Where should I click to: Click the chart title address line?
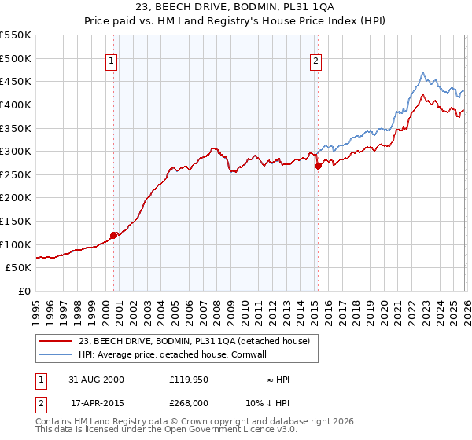pos(235,7)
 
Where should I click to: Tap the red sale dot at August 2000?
pos(113,234)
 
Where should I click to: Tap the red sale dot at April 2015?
pos(318,166)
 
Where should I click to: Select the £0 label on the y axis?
pos(24,291)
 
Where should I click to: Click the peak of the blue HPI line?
pos(422,73)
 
